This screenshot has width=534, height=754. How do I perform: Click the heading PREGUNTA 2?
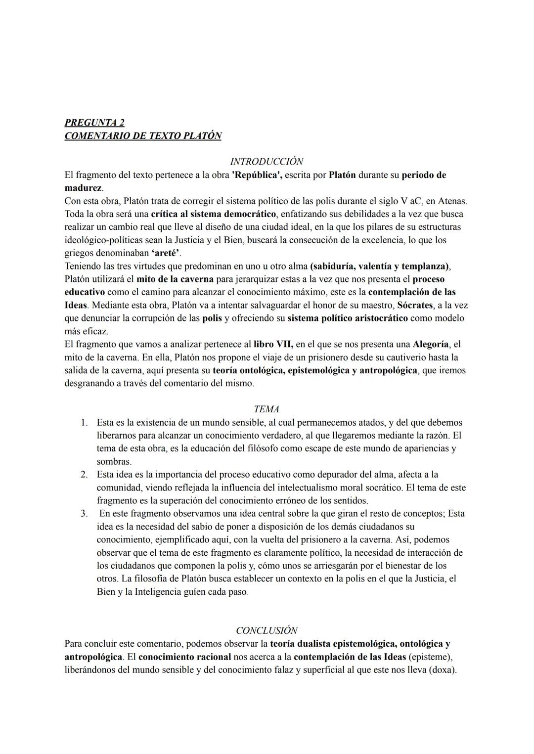(x=94, y=123)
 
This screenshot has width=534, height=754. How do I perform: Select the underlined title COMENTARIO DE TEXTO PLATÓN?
(x=143, y=135)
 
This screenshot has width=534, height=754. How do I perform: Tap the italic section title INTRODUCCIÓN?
(x=267, y=162)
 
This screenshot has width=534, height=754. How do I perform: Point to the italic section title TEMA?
(x=267, y=409)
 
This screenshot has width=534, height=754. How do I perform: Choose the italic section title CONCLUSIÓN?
(x=267, y=630)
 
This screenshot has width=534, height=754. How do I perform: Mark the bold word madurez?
(x=84, y=188)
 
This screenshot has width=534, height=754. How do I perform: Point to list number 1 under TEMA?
(x=85, y=423)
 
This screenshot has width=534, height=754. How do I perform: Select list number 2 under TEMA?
(x=85, y=475)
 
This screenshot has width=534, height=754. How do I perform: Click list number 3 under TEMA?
(x=85, y=514)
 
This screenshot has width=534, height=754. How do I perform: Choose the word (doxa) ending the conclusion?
(x=443, y=670)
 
